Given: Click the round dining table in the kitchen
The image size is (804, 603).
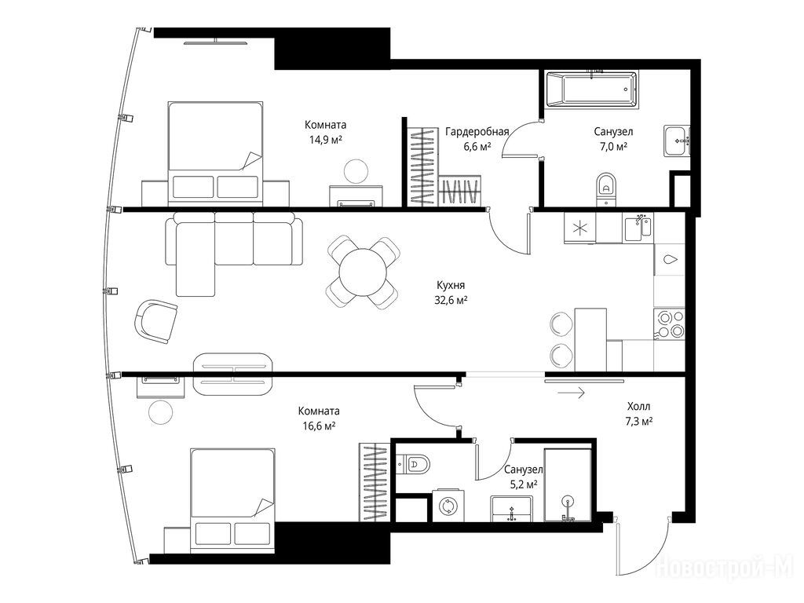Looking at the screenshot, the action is tap(363, 272).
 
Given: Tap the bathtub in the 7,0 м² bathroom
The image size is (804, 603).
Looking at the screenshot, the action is tap(592, 90).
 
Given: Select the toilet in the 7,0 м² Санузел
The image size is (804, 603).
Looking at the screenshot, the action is tap(606, 188).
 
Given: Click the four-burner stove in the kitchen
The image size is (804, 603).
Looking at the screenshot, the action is tap(669, 323).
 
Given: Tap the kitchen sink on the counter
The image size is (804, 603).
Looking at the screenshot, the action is tap(638, 228).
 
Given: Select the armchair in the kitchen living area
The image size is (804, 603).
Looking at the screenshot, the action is tap(155, 321).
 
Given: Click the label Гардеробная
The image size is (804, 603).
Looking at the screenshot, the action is tap(477, 132).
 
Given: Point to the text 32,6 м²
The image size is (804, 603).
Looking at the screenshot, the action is tap(451, 300).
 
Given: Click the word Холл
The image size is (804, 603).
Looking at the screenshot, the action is tap(638, 407).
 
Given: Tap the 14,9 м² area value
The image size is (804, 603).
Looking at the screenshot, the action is tap(326, 139).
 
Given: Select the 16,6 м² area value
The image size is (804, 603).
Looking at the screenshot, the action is tap(319, 426).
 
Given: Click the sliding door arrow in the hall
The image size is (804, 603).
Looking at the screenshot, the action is tap(572, 393).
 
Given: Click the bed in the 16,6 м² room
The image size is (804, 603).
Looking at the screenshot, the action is tap(232, 498).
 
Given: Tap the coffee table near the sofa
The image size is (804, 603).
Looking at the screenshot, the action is tap(232, 374).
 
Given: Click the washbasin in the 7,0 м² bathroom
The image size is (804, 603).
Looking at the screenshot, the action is tap(678, 141).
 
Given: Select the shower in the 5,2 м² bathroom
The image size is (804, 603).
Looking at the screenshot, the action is tap(568, 485).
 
